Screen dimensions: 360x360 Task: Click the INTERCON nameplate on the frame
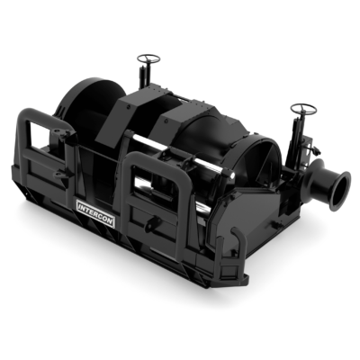(96, 213)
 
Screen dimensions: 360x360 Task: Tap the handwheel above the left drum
(148, 58)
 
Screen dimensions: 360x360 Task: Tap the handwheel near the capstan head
(303, 109)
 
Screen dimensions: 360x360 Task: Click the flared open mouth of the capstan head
(340, 190)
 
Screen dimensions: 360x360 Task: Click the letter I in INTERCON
(80, 206)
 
